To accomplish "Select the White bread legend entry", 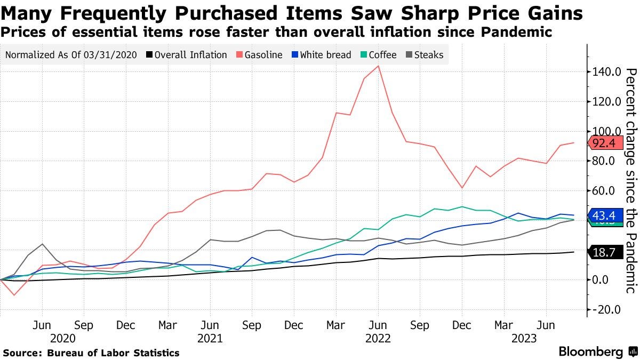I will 322,54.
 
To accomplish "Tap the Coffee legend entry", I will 378,54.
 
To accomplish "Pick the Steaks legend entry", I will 425,54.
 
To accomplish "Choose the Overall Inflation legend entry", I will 187,54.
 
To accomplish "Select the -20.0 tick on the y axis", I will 607,310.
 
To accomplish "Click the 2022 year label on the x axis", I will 378,338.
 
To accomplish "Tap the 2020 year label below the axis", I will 63,338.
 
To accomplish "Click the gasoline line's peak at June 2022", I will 378,66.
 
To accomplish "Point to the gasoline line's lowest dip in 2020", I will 14,295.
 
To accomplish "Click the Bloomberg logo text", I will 590,352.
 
